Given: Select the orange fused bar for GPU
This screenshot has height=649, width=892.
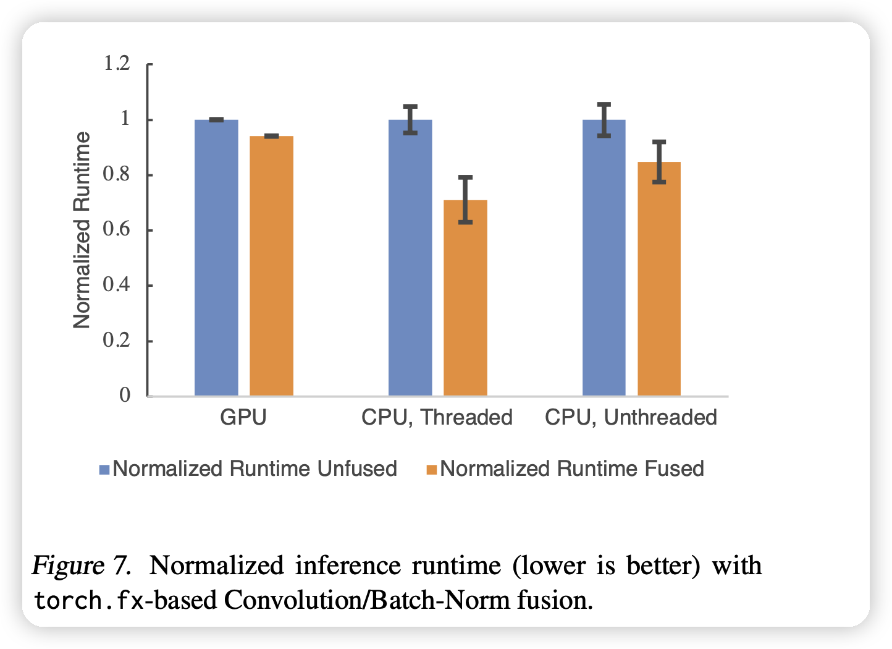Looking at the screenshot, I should pos(271,266).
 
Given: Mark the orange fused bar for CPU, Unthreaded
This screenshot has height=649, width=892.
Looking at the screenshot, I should pos(659,279).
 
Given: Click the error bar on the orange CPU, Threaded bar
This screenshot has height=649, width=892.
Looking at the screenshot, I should pos(465,199).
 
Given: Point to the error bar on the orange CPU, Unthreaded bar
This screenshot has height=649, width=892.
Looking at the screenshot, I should pos(659,162).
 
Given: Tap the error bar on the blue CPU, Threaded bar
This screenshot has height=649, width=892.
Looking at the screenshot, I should pos(410,119).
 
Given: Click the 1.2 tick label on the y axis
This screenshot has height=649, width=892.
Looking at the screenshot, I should pos(117,64).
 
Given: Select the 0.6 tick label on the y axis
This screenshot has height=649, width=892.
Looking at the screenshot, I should pos(117,229).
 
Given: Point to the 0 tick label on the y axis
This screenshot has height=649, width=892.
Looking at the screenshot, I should pos(125,395).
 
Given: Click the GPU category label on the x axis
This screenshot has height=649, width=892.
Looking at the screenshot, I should pos(243,417).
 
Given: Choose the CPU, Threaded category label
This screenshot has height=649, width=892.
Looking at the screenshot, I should pos(437,417).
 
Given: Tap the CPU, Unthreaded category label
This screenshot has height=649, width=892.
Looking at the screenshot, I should pos(631,417).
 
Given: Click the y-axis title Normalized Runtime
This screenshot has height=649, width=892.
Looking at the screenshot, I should pos(82,230).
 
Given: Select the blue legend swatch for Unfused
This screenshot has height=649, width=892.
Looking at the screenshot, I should pos(104,470).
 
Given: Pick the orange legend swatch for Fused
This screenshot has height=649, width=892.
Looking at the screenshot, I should pos(431,470).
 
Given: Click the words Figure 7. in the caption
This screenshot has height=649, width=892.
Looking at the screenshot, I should pos(81,566).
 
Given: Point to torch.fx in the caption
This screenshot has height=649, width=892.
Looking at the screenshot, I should pos(89,600).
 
